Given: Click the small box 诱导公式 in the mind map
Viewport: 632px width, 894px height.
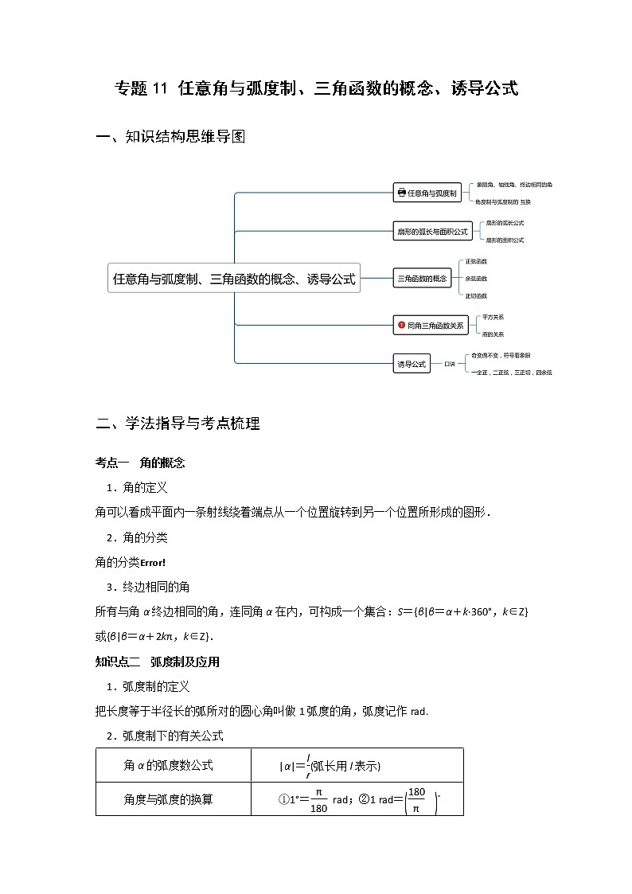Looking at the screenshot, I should coord(412,365).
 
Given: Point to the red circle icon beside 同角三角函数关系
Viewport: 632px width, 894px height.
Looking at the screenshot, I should coord(402,325).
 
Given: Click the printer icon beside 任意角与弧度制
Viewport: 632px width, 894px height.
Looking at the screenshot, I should coord(401,193).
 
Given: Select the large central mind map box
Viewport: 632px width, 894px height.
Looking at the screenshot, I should coord(234,279).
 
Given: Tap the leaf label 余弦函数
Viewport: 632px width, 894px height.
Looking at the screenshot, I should coord(476,279).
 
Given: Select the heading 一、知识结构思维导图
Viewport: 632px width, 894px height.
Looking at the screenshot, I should coord(170,137).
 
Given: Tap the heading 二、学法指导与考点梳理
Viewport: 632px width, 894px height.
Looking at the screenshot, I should coord(178,424).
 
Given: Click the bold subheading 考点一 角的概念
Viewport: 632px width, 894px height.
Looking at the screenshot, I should coord(140,463).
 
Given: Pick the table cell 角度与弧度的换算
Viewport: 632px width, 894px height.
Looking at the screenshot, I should coord(169,799).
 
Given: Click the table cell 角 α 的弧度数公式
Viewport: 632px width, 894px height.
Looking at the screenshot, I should coord(169,765).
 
